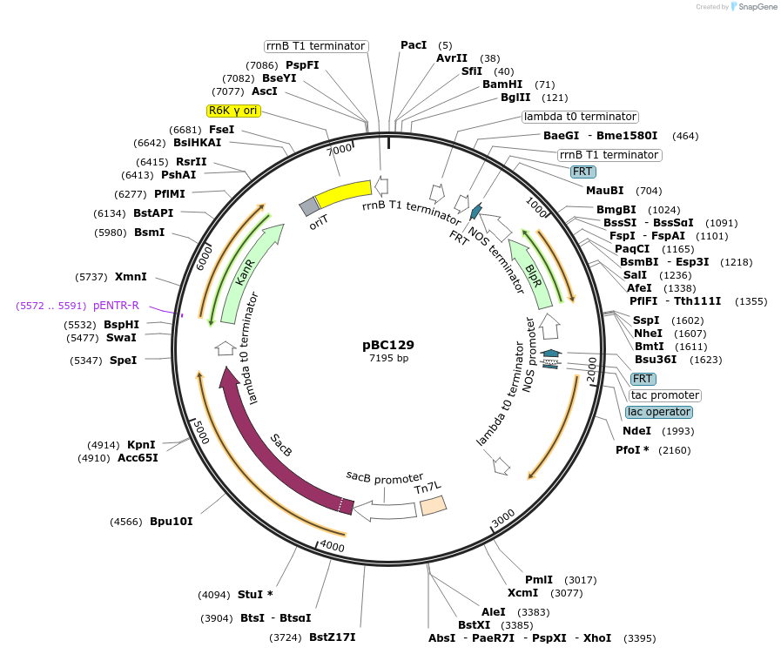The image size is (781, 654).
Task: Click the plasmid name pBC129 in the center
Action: (x=388, y=344)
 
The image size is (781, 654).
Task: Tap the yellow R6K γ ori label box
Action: (x=233, y=111)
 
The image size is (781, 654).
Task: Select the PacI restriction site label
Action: (x=414, y=44)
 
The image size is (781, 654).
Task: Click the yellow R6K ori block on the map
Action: (x=343, y=192)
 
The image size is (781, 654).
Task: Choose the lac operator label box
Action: (x=659, y=412)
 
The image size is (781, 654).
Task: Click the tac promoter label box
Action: (x=665, y=395)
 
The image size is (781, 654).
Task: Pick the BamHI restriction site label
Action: (x=502, y=84)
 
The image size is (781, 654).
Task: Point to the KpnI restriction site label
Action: (x=141, y=444)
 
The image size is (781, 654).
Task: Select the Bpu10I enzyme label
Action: (x=172, y=522)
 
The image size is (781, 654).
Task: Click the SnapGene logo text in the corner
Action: (x=754, y=6)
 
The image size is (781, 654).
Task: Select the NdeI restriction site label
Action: (x=636, y=431)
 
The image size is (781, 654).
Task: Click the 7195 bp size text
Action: (x=388, y=358)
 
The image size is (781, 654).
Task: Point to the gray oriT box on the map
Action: (x=309, y=206)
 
